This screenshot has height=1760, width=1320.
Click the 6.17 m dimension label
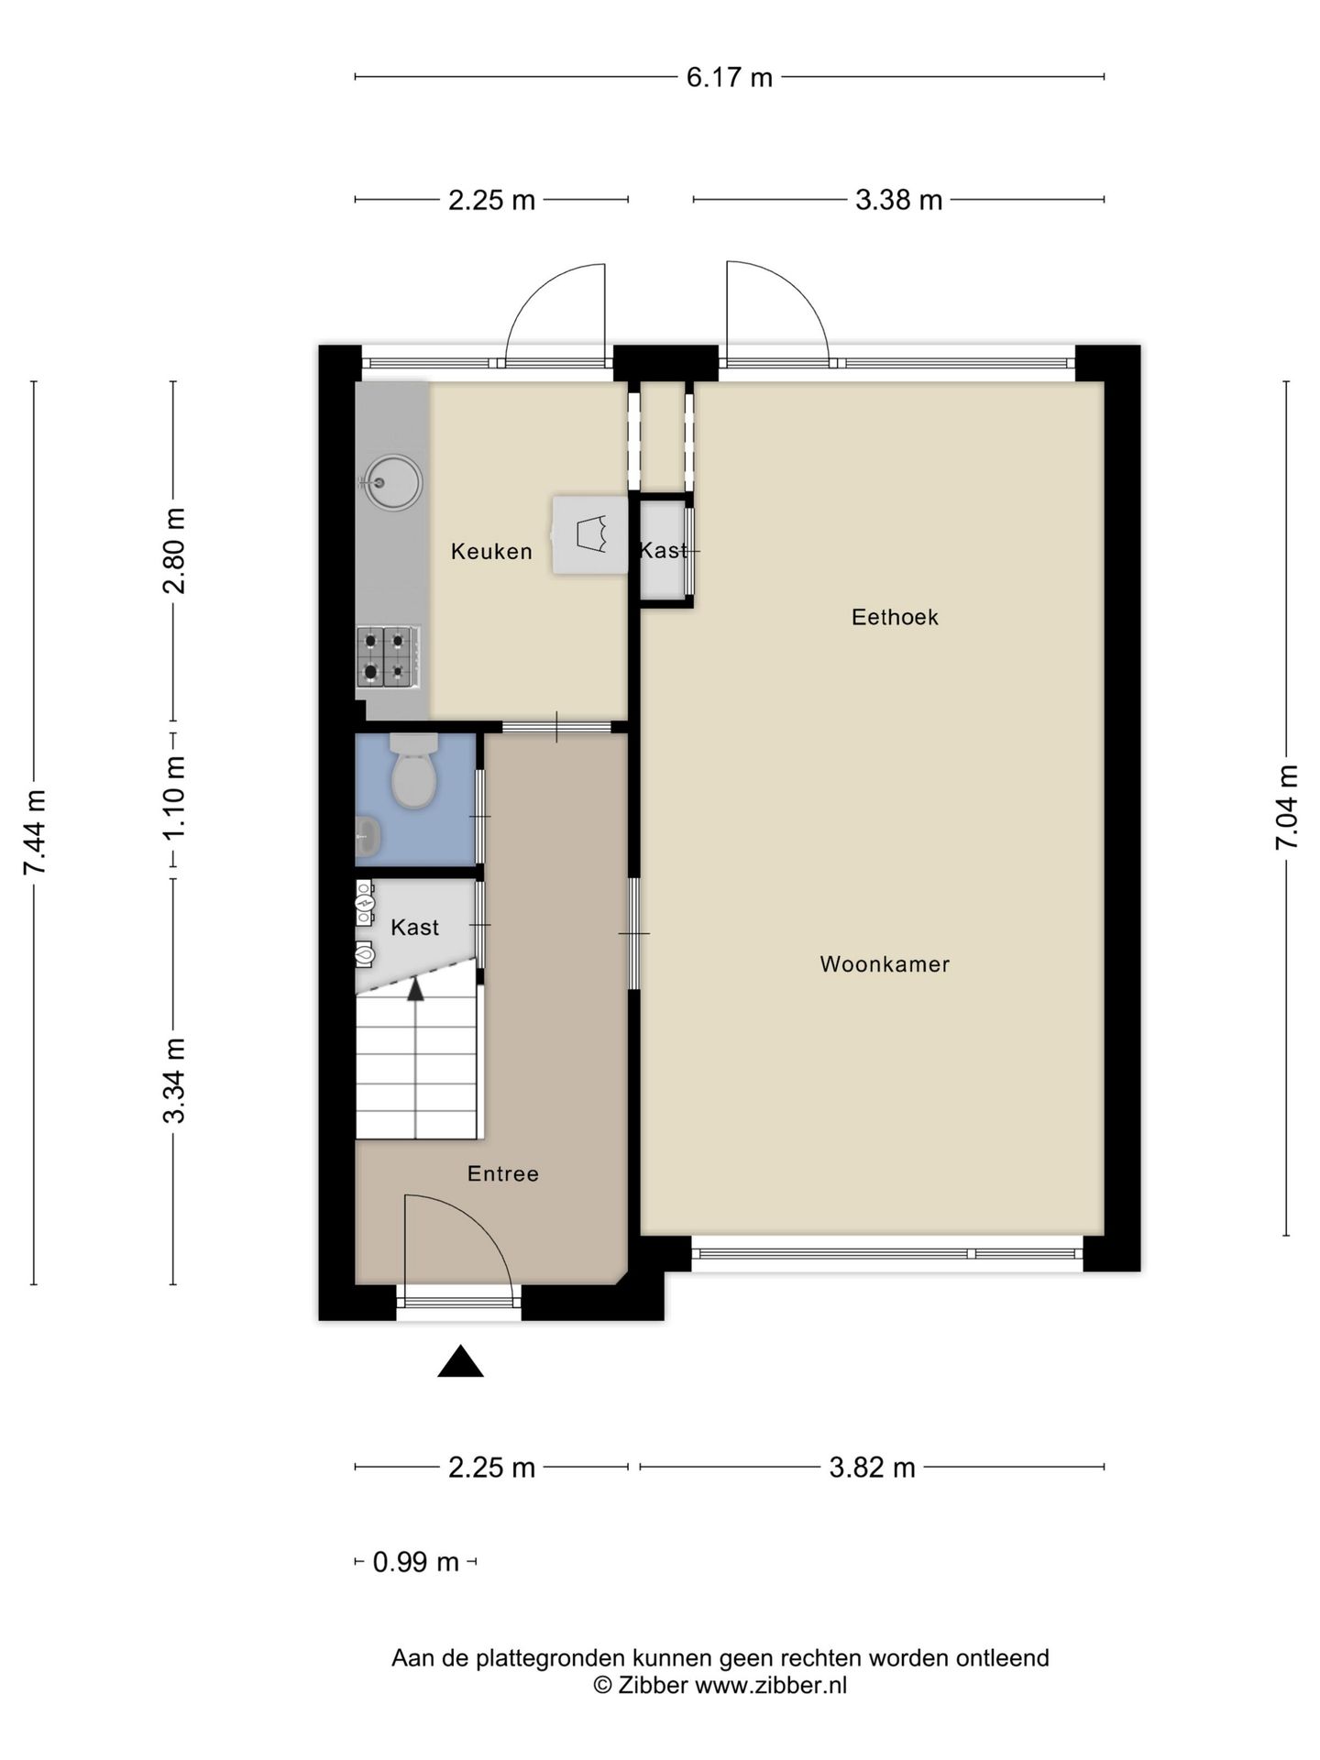coord(730,78)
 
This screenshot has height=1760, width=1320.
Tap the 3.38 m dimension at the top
coord(898,200)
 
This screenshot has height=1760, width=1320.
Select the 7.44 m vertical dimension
coord(35,832)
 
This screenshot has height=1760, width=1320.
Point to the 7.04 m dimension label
coord(1287,807)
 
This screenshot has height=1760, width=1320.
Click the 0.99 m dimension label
coord(415,1562)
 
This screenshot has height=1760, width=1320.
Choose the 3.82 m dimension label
coord(872,1468)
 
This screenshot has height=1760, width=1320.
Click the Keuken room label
coord(491,552)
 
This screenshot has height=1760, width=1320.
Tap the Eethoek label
coord(895,617)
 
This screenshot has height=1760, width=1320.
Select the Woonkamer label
coord(885,964)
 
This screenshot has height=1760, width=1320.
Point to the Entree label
coord(503,1174)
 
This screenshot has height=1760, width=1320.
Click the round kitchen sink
coord(393,481)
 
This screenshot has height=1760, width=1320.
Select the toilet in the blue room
coord(413,771)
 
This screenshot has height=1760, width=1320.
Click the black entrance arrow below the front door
coord(460,1362)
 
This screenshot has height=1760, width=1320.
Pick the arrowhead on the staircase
coord(416,989)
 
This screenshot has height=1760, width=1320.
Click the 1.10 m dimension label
coord(174,797)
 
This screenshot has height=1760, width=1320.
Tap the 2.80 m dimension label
coord(174,551)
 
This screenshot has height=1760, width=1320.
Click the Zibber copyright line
coord(720,1685)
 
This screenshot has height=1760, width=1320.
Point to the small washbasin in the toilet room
coord(367,837)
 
